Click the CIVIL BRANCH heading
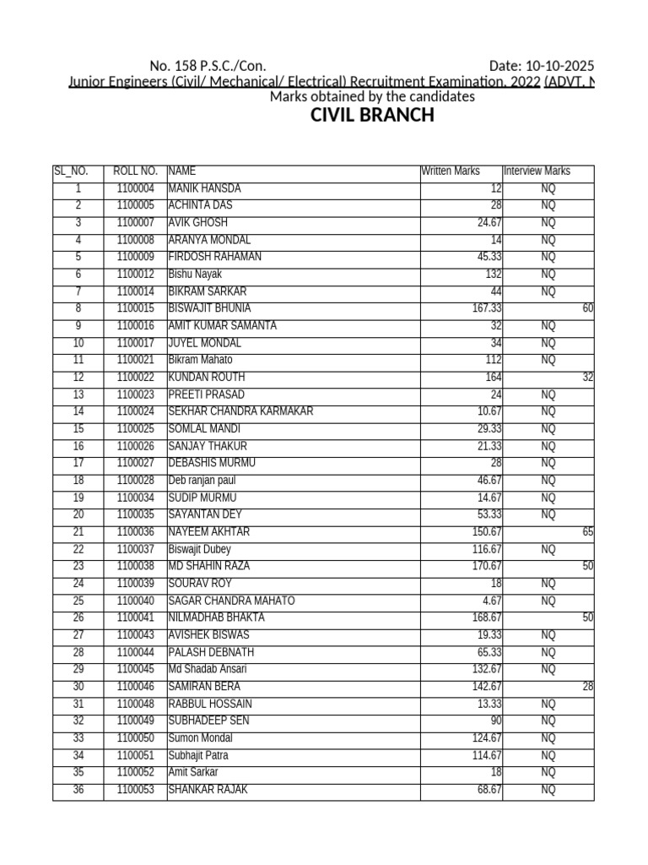(x=372, y=116)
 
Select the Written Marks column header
(x=451, y=171)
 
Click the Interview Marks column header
(x=537, y=171)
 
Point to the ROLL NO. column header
(x=135, y=171)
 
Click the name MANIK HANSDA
(x=204, y=188)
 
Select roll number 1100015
(x=136, y=308)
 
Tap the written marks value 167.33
(x=487, y=308)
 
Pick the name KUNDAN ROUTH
(x=206, y=378)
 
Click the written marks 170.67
(x=487, y=567)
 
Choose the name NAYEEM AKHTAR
(x=208, y=532)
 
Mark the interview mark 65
(x=587, y=532)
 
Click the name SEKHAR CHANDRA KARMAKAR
(x=240, y=412)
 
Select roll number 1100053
(x=136, y=791)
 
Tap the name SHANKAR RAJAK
(x=208, y=791)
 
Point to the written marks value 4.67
(x=492, y=601)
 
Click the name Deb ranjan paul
(x=202, y=481)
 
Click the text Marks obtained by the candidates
(x=372, y=97)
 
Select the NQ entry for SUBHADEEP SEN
(x=548, y=721)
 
